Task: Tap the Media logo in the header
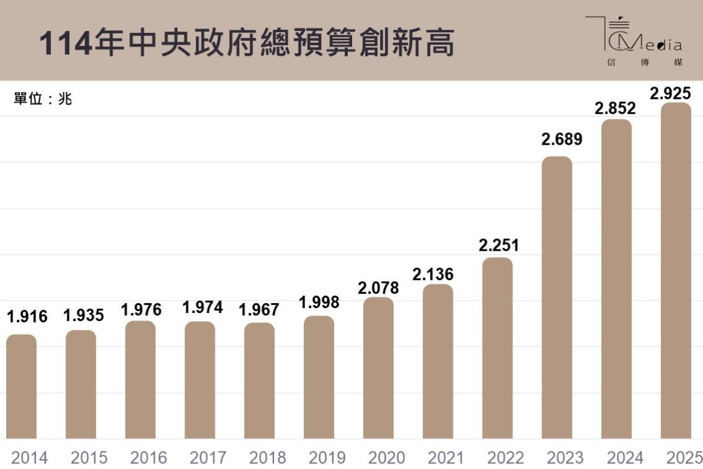click(634, 41)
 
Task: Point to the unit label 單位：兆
click(43, 99)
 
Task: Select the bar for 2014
click(22, 387)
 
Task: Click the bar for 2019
click(319, 377)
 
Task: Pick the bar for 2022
click(498, 348)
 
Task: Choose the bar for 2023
click(557, 297)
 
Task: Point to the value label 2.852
click(615, 108)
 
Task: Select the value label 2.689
click(562, 139)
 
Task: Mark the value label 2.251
click(499, 245)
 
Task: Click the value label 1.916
click(27, 317)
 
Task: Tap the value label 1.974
click(202, 307)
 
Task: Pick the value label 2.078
click(378, 288)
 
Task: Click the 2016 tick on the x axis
click(149, 458)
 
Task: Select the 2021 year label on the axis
click(446, 458)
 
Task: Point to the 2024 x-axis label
click(625, 458)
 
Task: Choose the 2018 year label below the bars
click(267, 458)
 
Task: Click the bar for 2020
click(378, 368)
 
